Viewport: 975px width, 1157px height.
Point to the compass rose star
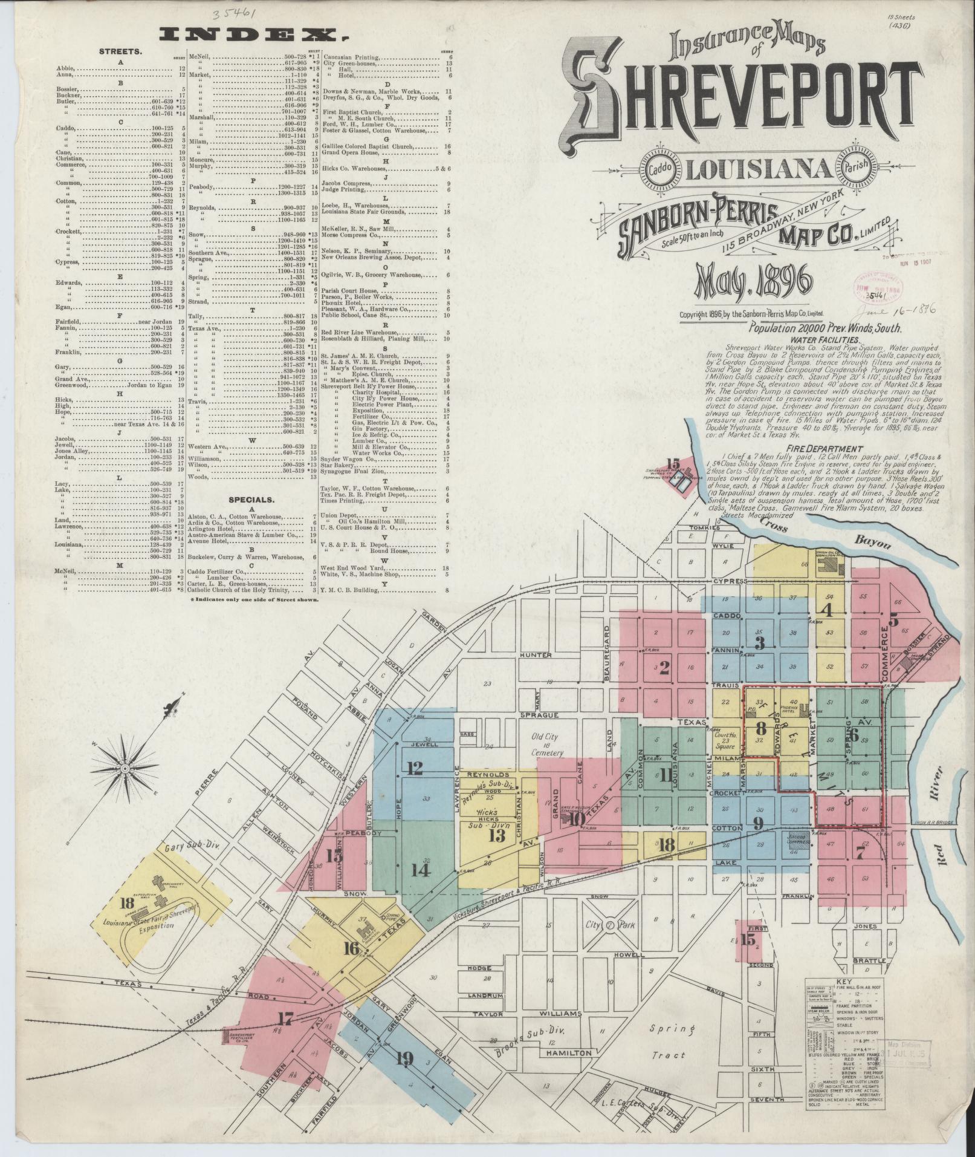[125, 768]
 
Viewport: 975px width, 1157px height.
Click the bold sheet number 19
[404, 1058]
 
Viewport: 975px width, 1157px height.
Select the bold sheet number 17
[287, 1015]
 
